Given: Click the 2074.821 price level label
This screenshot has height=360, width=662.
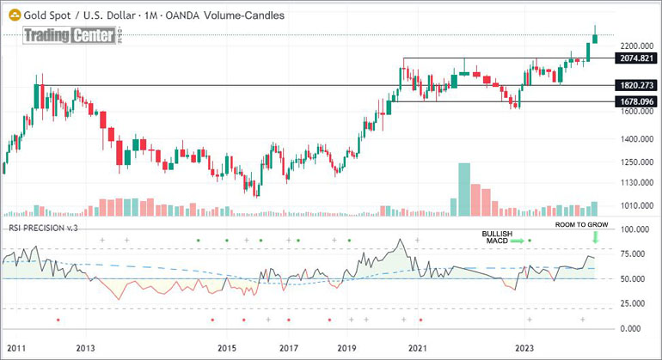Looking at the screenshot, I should (636, 58).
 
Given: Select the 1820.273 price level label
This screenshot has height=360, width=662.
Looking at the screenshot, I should (636, 86).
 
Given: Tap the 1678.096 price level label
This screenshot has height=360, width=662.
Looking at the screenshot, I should (636, 101).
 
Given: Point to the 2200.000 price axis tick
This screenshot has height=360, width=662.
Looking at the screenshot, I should (635, 46).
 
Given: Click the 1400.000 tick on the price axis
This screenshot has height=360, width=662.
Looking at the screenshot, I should (635, 139).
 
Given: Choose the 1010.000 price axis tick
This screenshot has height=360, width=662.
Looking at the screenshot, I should (635, 206).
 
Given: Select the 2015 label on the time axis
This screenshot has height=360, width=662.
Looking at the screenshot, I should (226, 348).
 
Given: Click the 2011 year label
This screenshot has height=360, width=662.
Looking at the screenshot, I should (15, 348).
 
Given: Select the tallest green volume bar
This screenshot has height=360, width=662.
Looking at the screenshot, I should (464, 188).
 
